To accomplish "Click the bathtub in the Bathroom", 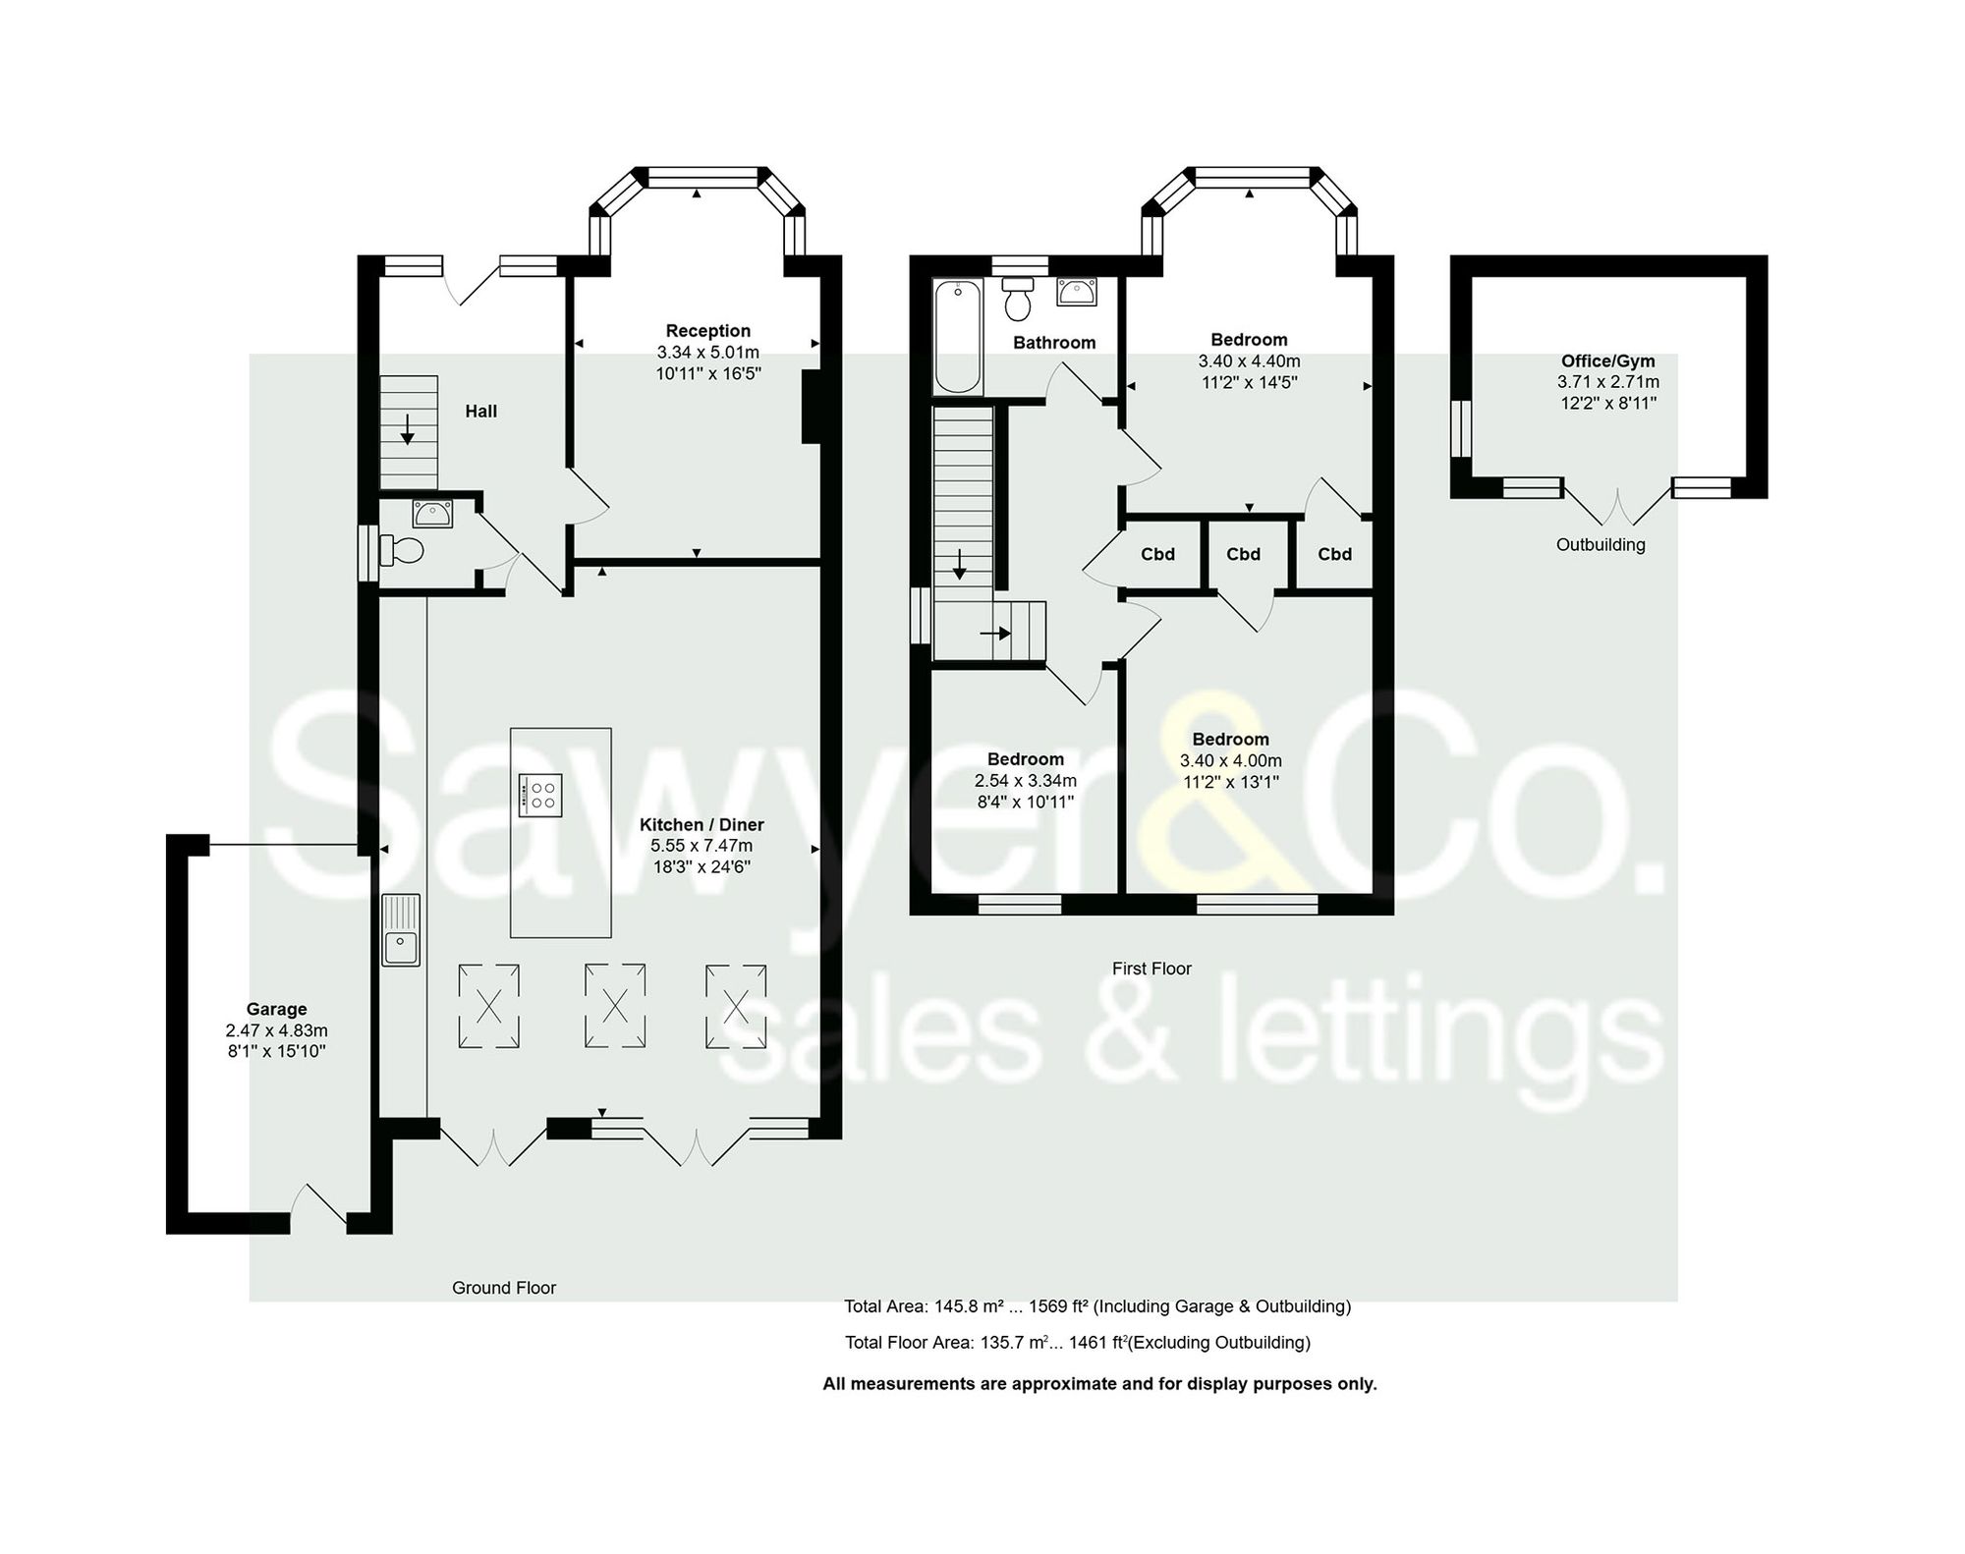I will point(957,336).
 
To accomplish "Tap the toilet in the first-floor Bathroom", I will point(1018,299).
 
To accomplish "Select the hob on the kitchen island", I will point(540,795).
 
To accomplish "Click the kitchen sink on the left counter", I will point(401,929).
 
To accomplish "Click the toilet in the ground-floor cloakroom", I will point(401,550).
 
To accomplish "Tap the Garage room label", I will point(276,1009).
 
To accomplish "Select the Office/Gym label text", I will point(1608,361).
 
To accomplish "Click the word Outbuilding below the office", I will point(1600,544).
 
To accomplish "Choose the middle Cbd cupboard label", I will point(1243,554).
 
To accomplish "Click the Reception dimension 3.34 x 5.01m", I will point(707,352).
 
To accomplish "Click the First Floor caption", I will point(1151,968).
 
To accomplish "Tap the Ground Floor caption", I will point(504,1287).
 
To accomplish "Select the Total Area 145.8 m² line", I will point(1096,1306).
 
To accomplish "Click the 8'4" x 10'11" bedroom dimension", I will point(1025,802).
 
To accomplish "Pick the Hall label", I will point(480,411).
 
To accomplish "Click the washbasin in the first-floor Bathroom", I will point(1077,292).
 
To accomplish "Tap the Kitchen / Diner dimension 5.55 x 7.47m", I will point(702,845).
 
